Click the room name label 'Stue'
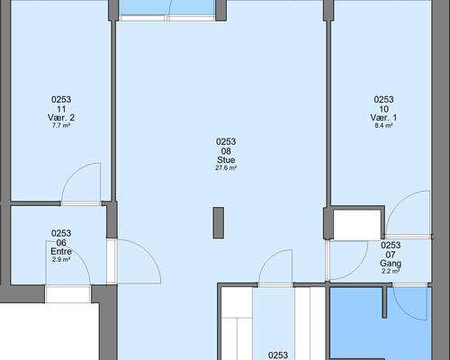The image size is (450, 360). point(226,160)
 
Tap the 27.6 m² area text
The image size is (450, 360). point(226,168)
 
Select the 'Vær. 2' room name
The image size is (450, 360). point(61,117)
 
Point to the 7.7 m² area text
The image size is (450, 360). point(61,125)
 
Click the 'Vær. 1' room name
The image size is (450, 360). point(383,117)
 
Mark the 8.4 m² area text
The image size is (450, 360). point(383,125)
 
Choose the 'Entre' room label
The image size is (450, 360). point(61,251)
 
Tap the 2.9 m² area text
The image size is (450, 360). point(61,259)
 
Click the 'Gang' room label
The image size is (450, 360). point(391,264)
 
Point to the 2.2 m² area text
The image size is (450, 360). point(391,272)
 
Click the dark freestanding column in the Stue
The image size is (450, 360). point(219,223)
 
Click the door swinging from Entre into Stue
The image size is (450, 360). point(149,253)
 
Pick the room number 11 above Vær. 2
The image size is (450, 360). point(61,109)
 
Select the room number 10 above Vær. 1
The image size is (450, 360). point(383,109)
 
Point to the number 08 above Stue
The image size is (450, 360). point(226,151)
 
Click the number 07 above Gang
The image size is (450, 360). point(391,255)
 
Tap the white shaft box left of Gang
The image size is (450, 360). point(357,225)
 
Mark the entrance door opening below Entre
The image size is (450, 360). point(67,294)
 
